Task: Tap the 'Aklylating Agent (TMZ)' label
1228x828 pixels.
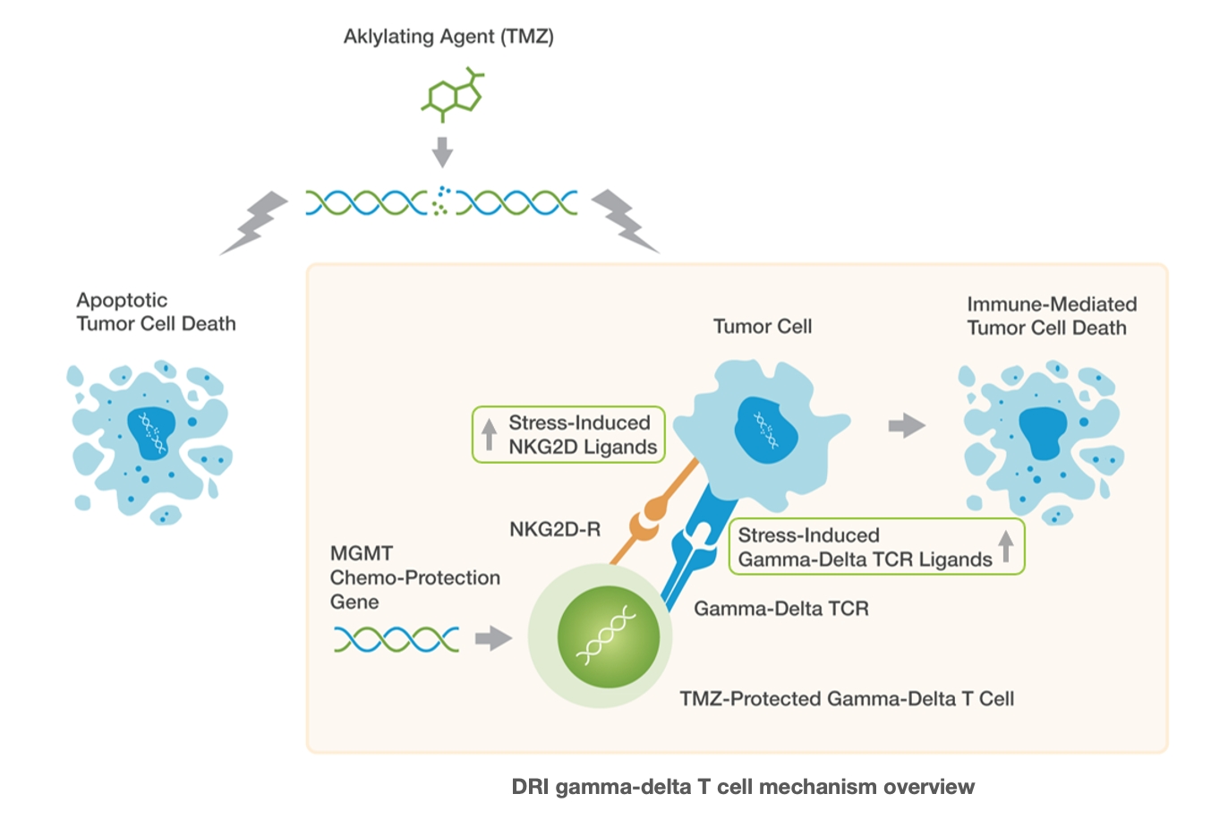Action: (448, 37)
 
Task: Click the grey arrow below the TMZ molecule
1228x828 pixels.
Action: (442, 151)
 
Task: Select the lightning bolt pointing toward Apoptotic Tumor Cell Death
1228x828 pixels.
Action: (255, 222)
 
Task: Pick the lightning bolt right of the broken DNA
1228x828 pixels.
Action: (626, 220)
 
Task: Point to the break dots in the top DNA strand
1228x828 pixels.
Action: (441, 201)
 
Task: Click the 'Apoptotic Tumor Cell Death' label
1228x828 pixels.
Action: (156, 312)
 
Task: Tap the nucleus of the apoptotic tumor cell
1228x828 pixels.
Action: (150, 432)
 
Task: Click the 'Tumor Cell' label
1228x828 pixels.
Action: (762, 327)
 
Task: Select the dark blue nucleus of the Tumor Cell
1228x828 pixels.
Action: (766, 429)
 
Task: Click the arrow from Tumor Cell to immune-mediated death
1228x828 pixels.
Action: (906, 425)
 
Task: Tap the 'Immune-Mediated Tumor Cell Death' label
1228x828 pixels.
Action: (1051, 316)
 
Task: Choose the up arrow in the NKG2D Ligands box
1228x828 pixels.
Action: (489, 435)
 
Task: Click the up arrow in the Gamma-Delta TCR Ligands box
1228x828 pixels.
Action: (1006, 545)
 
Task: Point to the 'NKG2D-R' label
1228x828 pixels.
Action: (554, 530)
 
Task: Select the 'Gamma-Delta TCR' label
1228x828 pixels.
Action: (781, 609)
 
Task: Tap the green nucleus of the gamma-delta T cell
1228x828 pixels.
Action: (608, 636)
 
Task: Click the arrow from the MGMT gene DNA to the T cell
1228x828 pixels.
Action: (492, 638)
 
